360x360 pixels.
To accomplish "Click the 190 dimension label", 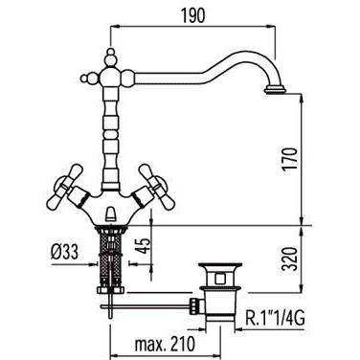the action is (x=192, y=15).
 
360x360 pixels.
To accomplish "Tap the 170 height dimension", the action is (x=290, y=159).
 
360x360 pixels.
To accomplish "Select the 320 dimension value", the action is (x=290, y=259).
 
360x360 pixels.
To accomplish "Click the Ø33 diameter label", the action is (x=64, y=253).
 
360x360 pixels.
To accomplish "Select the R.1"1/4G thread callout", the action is (x=275, y=319).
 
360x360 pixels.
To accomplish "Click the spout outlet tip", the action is (x=274, y=90).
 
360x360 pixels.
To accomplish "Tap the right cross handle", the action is (x=157, y=188).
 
